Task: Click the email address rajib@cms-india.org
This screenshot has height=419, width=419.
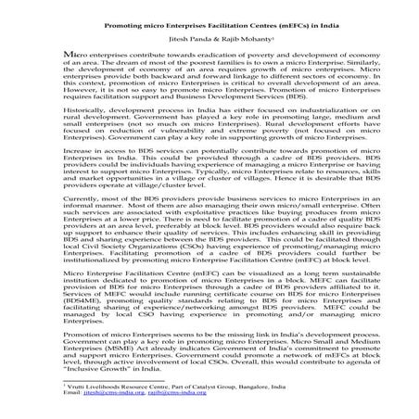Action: (189, 416)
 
